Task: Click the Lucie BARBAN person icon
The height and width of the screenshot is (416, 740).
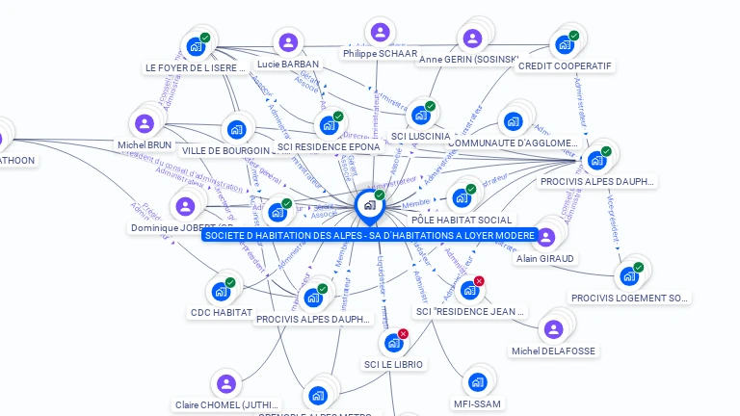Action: click(x=287, y=42)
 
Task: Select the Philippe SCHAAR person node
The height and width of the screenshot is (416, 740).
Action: click(x=380, y=33)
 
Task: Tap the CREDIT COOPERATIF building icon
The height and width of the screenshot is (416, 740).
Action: click(x=564, y=45)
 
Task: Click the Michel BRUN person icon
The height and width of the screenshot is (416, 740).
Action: click(x=145, y=123)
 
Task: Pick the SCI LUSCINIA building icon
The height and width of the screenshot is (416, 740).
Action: click(x=420, y=116)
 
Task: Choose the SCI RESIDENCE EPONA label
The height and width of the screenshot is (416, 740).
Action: click(x=329, y=147)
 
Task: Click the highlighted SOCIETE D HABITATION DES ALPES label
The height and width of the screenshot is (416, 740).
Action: click(x=369, y=235)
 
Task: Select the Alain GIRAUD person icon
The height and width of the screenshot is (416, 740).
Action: click(x=545, y=237)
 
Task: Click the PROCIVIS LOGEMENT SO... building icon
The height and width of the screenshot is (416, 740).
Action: click(x=629, y=276)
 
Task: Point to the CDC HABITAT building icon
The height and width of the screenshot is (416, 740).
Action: click(x=221, y=291)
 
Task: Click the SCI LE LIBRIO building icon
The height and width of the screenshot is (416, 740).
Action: click(x=393, y=343)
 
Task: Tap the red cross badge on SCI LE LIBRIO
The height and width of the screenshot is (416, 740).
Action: click(x=403, y=333)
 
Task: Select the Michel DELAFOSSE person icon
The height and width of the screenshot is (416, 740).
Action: click(x=553, y=329)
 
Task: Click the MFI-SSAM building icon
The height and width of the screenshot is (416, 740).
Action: click(x=477, y=382)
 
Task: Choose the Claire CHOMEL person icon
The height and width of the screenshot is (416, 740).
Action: click(x=226, y=384)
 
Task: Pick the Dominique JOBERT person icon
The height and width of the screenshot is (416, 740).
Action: click(x=185, y=206)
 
